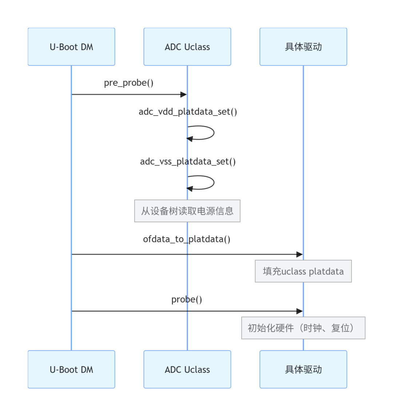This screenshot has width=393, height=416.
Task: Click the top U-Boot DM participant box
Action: tap(71, 47)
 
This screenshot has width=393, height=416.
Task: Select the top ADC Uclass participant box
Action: tap(187, 47)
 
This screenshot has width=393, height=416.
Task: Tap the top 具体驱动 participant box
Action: tap(303, 47)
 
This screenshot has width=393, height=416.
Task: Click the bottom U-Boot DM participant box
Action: tap(71, 369)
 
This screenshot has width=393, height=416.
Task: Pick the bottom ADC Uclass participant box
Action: tap(187, 369)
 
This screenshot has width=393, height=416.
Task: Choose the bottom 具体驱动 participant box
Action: tap(303, 369)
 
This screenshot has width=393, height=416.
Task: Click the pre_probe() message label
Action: tap(128, 83)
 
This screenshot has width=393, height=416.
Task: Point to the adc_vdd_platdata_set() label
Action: tap(188, 112)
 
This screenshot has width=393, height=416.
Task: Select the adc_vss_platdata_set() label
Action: tap(188, 162)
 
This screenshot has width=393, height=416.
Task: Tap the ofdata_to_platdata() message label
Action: tap(187, 239)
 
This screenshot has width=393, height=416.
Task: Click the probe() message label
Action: tap(187, 299)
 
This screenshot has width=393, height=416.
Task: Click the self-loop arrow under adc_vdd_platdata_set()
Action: tap(214, 132)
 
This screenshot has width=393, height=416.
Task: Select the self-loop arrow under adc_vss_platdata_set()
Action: tap(214, 182)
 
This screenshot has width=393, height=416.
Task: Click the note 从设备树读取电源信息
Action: tap(187, 211)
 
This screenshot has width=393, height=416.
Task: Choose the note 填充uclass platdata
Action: tap(303, 271)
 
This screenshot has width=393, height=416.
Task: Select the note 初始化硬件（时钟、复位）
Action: tap(303, 328)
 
